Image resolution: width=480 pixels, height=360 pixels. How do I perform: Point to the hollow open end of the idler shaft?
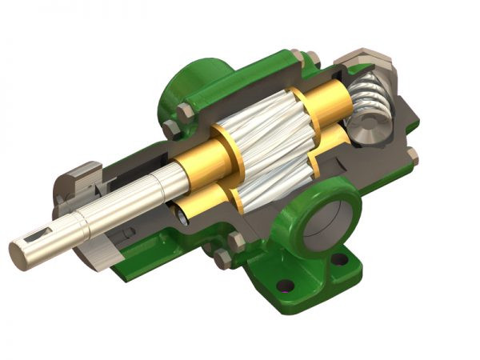point(182,214)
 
